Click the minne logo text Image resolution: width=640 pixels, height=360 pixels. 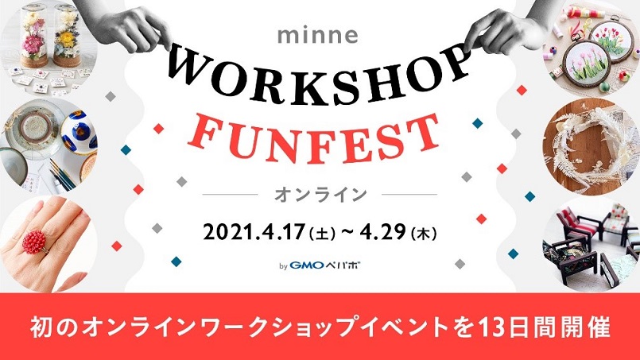pyautogui.click(x=317, y=36)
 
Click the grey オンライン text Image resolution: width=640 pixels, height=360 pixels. pyautogui.click(x=320, y=195)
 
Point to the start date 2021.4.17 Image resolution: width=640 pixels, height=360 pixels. pyautogui.click(x=254, y=233)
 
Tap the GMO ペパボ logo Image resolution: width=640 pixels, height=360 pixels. pyautogui.click(x=325, y=265)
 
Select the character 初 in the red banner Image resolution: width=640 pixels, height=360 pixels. pyautogui.click(x=41, y=327)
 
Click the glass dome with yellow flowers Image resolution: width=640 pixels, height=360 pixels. pyautogui.click(x=68, y=37)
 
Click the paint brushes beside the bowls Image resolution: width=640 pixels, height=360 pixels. pyautogui.click(x=63, y=176)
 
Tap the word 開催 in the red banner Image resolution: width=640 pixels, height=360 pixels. pyautogui.click(x=590, y=327)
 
